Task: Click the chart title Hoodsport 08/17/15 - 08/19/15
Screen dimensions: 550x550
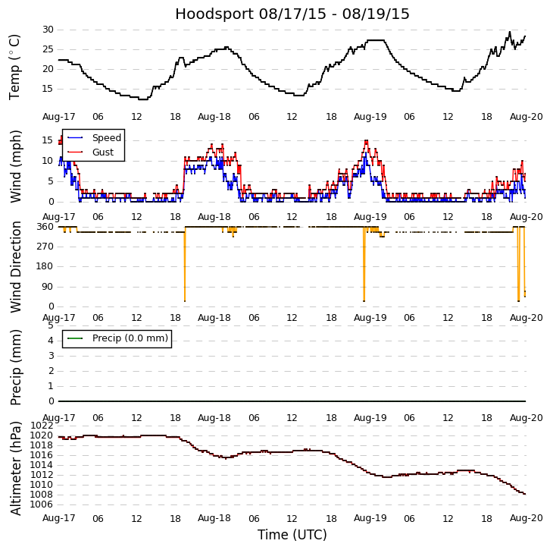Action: (x=292, y=14)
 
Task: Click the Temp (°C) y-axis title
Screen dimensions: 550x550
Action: (x=15, y=67)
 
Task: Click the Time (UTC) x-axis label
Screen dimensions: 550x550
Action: (x=292, y=535)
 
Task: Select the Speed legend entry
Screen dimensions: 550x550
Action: (x=106, y=138)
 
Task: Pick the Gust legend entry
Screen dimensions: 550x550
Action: (x=102, y=152)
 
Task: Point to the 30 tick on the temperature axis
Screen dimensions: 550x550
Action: (x=48, y=30)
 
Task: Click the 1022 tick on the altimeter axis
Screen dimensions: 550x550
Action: (x=42, y=426)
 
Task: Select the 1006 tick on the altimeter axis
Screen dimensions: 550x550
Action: (x=42, y=504)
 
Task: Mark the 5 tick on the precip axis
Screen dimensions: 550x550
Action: (x=50, y=325)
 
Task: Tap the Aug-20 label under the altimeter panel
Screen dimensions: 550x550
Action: (x=527, y=518)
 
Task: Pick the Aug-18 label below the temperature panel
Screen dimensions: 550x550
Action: (x=214, y=118)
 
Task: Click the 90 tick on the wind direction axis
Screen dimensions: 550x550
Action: (x=47, y=287)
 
